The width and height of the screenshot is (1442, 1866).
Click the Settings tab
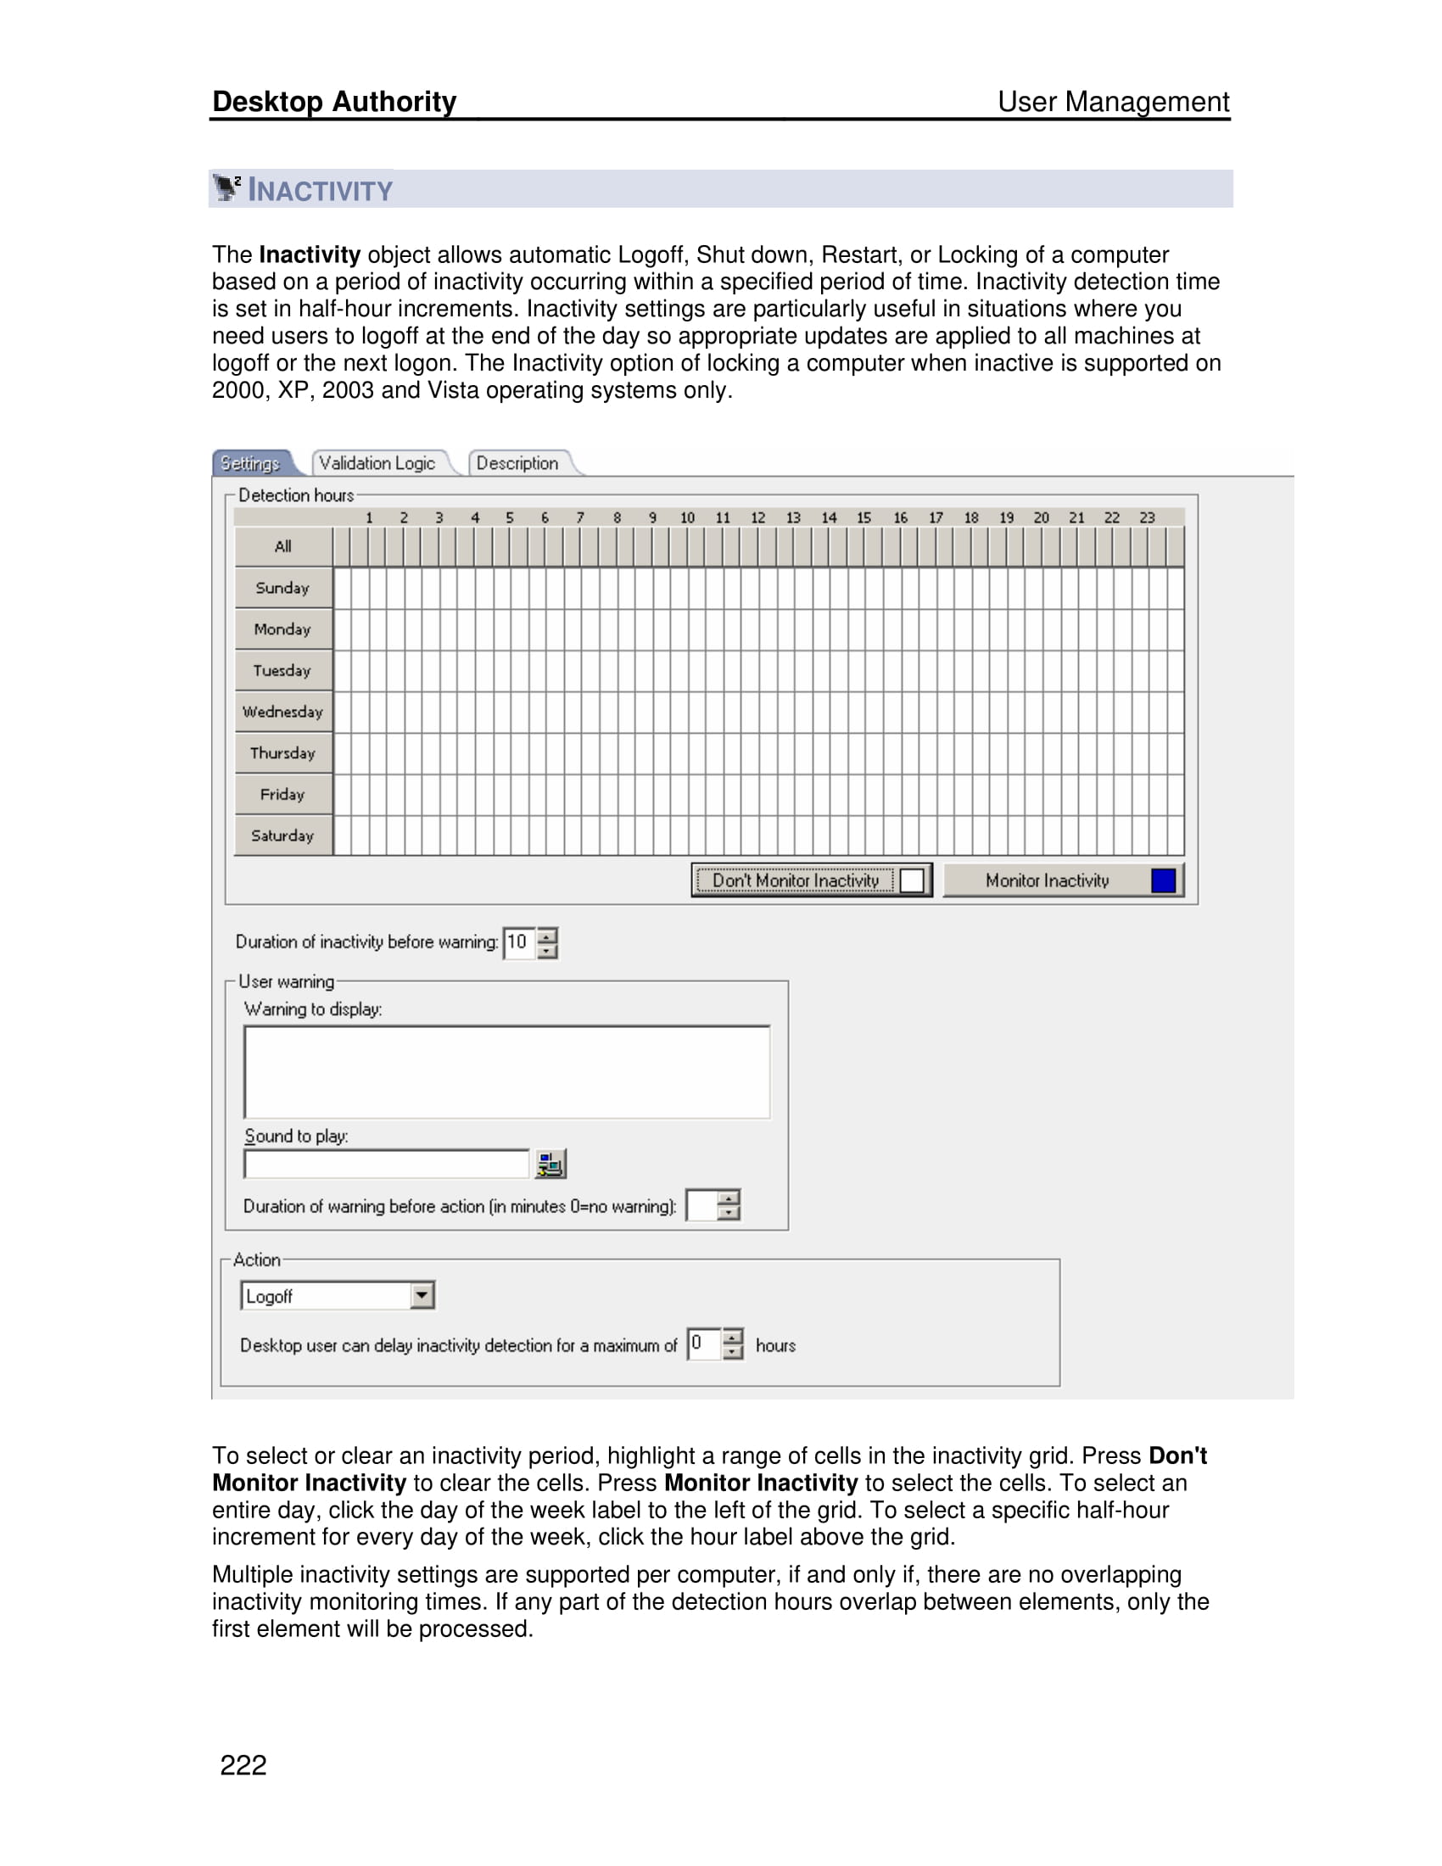point(250,463)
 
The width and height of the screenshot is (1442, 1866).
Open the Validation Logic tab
point(377,463)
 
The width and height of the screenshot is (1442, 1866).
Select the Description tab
point(517,463)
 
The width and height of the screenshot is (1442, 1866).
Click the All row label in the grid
point(282,547)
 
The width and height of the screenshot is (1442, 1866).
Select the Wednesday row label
point(282,712)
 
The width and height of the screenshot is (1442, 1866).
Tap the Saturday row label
point(282,835)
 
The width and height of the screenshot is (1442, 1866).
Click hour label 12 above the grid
point(757,517)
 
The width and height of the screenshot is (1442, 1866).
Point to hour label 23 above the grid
point(1147,517)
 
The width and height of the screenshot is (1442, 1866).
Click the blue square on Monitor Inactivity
point(1163,880)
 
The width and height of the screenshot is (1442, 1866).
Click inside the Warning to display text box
point(506,1072)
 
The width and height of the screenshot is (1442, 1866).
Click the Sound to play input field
point(386,1164)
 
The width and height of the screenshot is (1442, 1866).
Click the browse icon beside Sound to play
point(551,1164)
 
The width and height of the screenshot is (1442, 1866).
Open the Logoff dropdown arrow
point(422,1295)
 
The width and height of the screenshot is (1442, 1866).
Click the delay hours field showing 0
point(703,1344)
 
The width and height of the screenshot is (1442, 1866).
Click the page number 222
point(243,1764)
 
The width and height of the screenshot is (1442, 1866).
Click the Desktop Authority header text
point(334,102)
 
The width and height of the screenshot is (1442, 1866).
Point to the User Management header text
point(1113,102)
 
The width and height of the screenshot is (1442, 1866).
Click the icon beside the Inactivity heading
point(227,188)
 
